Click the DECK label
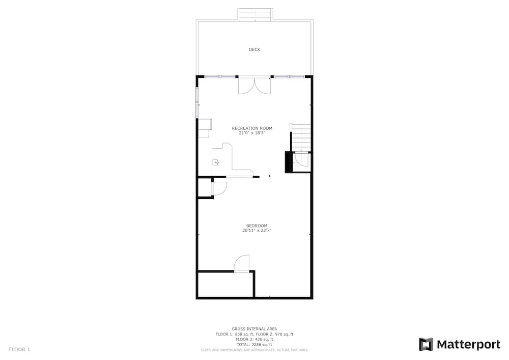(254, 50)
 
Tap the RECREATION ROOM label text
(252, 128)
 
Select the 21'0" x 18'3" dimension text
(252, 133)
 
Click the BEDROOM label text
(257, 226)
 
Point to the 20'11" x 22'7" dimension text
(257, 231)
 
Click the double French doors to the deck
(254, 86)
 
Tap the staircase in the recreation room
(301, 137)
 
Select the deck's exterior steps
(255, 15)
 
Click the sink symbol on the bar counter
(215, 162)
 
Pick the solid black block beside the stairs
(289, 162)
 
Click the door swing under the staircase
(301, 159)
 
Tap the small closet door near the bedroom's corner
(219, 188)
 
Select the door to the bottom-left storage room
(241, 263)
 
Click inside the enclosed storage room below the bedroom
(225, 284)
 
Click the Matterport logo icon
(426, 344)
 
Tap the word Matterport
(468, 344)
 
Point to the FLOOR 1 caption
(19, 350)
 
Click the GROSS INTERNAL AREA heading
(254, 329)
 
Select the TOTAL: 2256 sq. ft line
(254, 345)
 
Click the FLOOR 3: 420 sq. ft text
(254, 340)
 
